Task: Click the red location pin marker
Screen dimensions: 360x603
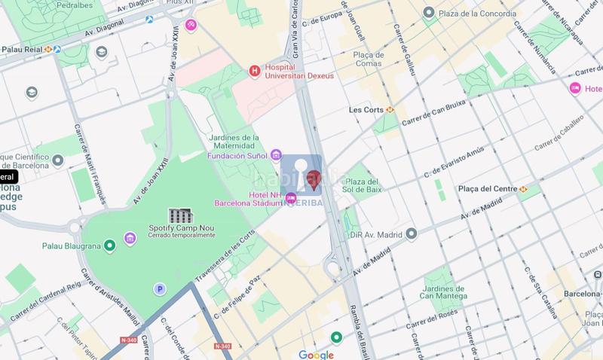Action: pos(316,179)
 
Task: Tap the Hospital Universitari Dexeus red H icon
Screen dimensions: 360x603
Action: pos(255,71)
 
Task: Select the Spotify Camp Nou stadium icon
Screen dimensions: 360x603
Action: pos(180,216)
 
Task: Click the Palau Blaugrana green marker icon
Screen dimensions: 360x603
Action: pos(110,244)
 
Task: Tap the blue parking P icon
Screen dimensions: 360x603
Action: pos(159,288)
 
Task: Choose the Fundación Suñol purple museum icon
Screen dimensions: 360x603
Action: pos(277,156)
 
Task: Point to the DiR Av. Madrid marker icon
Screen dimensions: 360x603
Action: pos(408,233)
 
